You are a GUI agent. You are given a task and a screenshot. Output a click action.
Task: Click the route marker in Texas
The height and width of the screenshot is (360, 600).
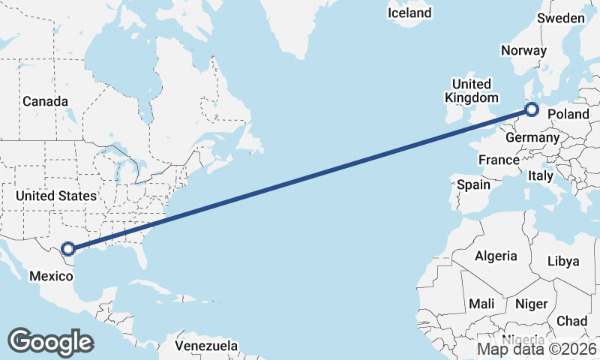tap(68, 248)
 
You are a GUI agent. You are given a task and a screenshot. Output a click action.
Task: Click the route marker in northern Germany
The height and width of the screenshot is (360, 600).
tap(532, 110)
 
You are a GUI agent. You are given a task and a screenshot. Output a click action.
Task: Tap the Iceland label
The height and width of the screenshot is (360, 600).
tap(409, 13)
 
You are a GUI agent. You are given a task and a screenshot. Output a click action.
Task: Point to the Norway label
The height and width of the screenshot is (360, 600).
tap(523, 51)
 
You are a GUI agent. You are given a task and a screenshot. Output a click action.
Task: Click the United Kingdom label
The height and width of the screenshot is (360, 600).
tap(471, 91)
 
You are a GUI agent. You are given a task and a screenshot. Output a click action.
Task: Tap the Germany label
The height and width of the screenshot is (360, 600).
tap(532, 138)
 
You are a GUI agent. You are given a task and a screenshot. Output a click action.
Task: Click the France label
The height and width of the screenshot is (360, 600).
tap(499, 160)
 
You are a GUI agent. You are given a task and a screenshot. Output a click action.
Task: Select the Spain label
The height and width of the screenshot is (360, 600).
tap(473, 184)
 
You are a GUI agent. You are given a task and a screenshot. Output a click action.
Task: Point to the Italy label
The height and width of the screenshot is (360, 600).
tap(540, 175)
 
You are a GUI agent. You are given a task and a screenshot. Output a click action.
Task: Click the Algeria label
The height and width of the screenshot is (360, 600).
tap(495, 256)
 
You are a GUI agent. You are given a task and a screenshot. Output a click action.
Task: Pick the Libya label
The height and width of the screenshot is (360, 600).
tap(563, 261)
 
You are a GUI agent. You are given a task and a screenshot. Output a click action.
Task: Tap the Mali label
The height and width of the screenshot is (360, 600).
tap(481, 304)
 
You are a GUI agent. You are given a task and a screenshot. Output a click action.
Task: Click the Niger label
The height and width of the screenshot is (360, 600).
tap(530, 304)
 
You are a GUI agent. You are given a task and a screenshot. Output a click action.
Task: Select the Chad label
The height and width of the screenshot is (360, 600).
tap(572, 320)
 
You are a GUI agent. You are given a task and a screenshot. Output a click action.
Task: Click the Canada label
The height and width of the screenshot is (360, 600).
tap(45, 101)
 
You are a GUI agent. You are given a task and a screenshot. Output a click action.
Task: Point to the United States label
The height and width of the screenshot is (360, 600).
tap(55, 196)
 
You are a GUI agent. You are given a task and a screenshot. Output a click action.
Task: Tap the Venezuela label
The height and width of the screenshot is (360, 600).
tap(206, 346)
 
